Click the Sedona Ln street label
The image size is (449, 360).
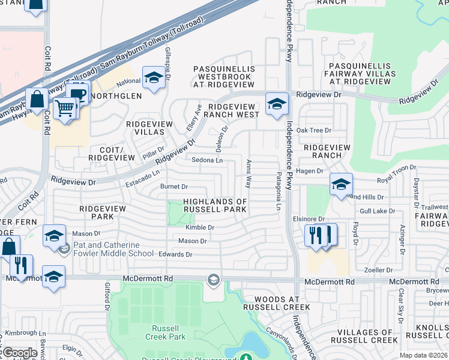click(207, 160)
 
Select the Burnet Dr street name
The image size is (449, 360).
click(174, 187)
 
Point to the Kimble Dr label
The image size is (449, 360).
click(200, 227)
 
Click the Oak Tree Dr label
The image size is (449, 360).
click(313, 130)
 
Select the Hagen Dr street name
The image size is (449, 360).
click(310, 171)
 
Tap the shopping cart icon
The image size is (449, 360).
click(65, 109)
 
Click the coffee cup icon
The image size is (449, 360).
click(77, 94)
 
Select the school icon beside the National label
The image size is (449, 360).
click(154, 78)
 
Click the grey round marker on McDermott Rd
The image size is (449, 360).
click(213, 280)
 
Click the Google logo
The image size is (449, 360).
click(20, 353)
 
